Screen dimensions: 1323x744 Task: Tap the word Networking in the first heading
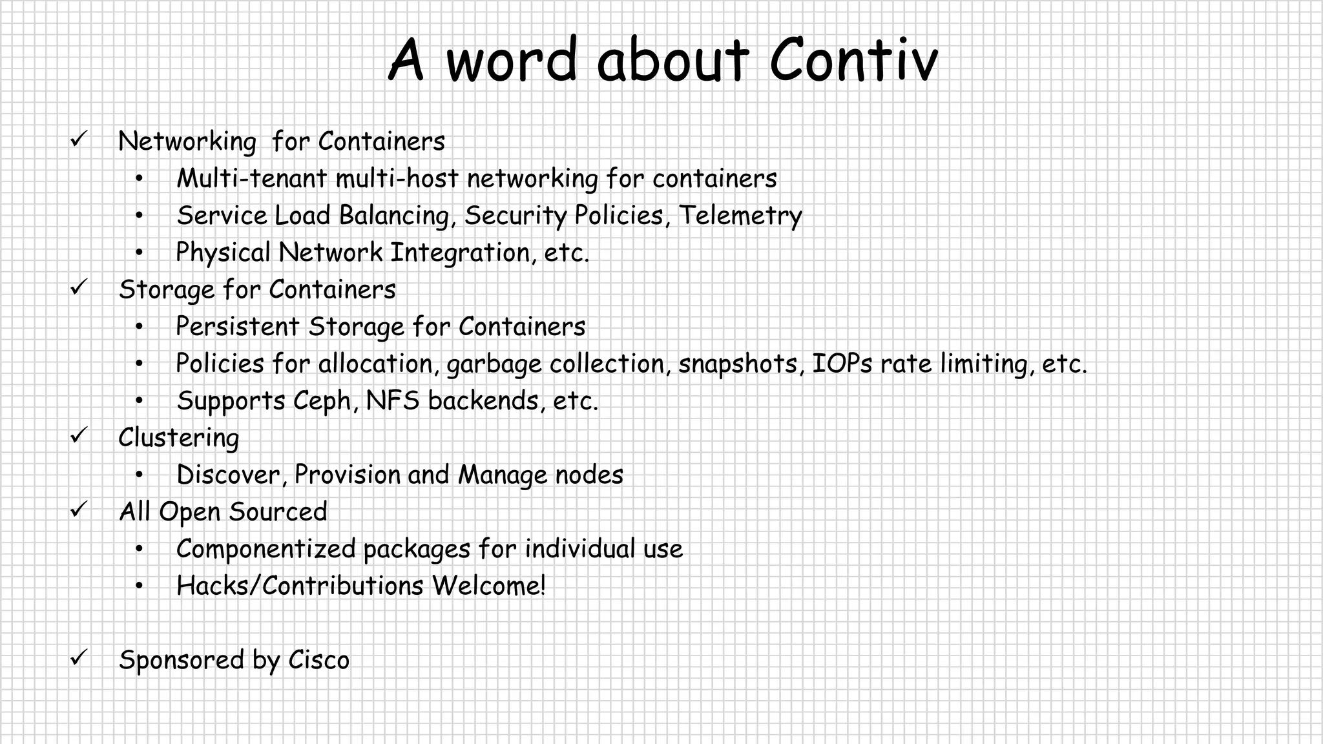point(187,141)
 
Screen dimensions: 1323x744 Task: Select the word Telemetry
point(740,216)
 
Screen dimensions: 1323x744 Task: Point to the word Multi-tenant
point(251,179)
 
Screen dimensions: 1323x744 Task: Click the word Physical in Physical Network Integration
point(223,253)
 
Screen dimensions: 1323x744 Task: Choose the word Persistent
point(237,327)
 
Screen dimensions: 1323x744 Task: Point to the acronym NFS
point(392,400)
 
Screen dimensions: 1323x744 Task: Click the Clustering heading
point(178,438)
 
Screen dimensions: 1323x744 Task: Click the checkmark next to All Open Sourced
point(78,509)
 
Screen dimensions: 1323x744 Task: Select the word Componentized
point(266,549)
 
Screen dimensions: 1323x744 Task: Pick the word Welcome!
point(489,586)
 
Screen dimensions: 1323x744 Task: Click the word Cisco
point(318,660)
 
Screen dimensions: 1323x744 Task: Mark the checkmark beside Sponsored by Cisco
point(78,657)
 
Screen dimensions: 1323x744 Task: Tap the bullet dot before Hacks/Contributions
point(139,586)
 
